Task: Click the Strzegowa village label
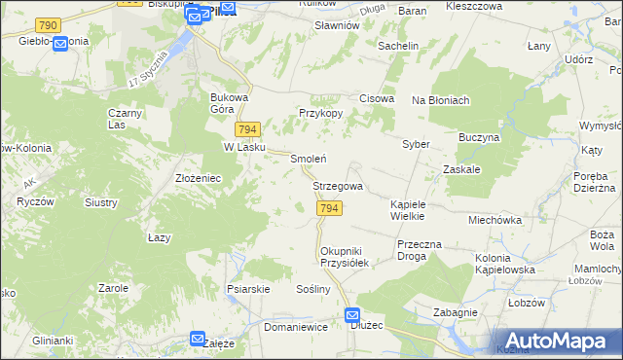(x=338, y=186)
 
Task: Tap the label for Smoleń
(x=308, y=159)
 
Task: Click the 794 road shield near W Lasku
(x=246, y=129)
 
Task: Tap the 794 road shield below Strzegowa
(x=329, y=209)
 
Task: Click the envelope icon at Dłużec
(x=352, y=315)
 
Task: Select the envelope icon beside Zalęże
(x=198, y=340)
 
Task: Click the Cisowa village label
(x=377, y=98)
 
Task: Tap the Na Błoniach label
(x=441, y=100)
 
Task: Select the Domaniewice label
(x=294, y=328)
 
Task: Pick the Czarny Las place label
(x=126, y=118)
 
